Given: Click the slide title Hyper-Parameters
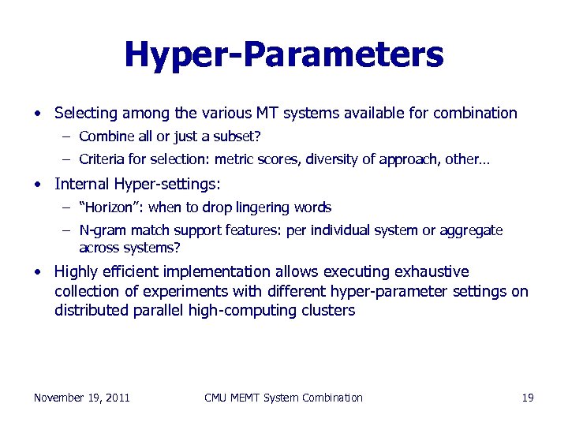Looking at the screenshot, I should (x=284, y=54).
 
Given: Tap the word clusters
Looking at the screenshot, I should (x=328, y=310).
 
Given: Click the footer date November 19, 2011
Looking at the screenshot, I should (x=82, y=398).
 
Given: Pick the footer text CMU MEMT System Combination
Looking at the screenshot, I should (x=283, y=398).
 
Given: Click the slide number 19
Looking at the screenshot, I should (x=528, y=398).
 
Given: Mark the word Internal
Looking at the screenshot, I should (x=80, y=184).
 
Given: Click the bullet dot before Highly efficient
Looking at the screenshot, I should (x=38, y=272).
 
